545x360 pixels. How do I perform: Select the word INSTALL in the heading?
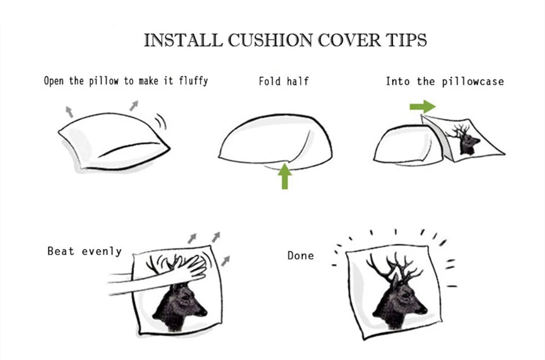[182, 41]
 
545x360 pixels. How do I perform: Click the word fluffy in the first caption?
[193, 80]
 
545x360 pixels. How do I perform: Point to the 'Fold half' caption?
[283, 81]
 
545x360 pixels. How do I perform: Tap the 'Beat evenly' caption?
[84, 250]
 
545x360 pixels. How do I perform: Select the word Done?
[300, 256]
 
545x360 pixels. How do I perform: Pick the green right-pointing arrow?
[422, 107]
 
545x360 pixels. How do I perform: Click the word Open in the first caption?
[54, 81]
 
